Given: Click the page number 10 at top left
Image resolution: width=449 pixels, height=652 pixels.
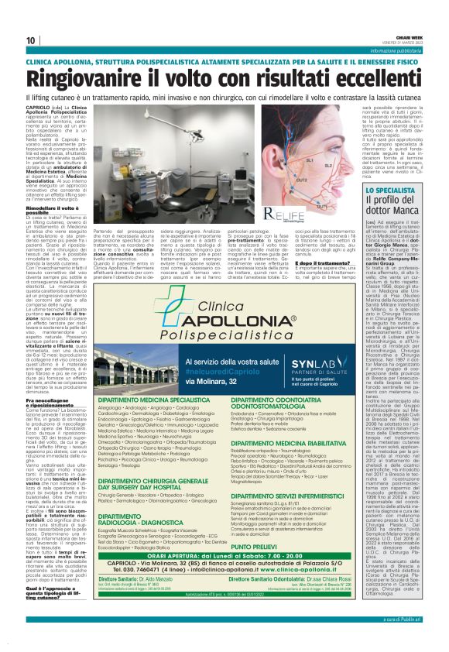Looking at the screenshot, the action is [31, 39].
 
